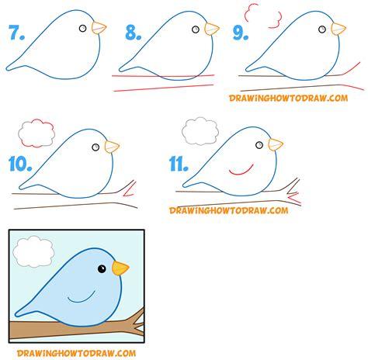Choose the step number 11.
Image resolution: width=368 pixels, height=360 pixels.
(179, 164)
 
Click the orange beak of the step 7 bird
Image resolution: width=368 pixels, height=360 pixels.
(99, 28)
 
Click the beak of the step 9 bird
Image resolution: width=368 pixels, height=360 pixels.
(338, 29)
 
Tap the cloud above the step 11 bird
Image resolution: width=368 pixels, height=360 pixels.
(200, 128)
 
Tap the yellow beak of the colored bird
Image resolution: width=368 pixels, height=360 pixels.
(120, 268)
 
